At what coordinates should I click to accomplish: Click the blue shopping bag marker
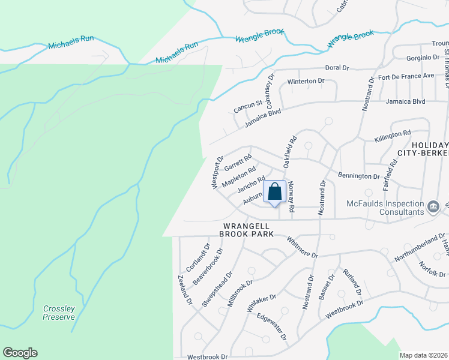(275, 193)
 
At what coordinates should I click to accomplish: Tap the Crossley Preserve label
(59, 313)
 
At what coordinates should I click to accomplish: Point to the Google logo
(20, 353)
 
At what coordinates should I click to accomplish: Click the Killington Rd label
(392, 133)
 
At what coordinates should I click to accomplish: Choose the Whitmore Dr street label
(302, 247)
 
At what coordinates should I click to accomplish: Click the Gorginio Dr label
(423, 58)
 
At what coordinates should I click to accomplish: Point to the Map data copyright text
(423, 355)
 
